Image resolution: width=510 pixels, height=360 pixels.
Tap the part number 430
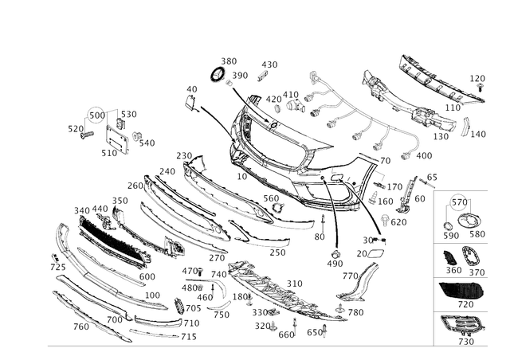point(269,65)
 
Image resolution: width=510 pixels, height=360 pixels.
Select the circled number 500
point(97,115)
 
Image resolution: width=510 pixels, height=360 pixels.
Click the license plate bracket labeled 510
point(117,139)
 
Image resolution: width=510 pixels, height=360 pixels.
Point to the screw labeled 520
point(87,135)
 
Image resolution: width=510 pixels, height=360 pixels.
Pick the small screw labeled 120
point(479,86)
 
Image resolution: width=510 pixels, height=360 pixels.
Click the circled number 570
point(459,202)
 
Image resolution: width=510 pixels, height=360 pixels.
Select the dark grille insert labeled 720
point(461,289)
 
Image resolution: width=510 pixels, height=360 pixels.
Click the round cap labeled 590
point(448,226)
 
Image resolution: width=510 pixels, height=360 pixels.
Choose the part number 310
point(294,284)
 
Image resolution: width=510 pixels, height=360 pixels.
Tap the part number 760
point(81,327)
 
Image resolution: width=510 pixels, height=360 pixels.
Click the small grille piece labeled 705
point(178,306)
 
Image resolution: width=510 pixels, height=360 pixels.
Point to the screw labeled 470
point(201,271)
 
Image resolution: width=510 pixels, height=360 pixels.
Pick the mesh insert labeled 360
point(449,257)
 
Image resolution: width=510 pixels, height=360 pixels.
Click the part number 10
point(242,176)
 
